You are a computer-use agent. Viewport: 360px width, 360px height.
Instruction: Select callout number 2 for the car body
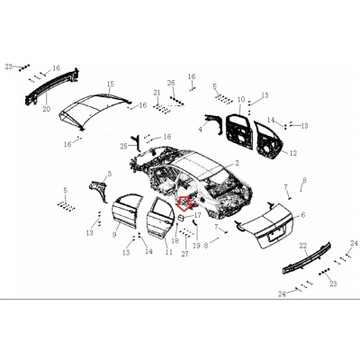(x=237, y=163)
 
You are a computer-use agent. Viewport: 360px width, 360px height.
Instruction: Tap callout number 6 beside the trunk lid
(x=303, y=215)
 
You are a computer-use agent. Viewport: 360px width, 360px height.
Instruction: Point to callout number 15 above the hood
(x=111, y=84)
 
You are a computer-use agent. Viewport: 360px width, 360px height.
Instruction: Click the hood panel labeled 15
(x=94, y=111)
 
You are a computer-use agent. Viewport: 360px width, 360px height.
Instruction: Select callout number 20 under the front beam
(x=46, y=109)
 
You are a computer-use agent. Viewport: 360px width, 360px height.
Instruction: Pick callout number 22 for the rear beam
(x=303, y=246)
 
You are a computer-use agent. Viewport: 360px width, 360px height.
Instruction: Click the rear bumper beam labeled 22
(x=307, y=258)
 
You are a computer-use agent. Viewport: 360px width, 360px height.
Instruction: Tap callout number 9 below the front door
(x=114, y=235)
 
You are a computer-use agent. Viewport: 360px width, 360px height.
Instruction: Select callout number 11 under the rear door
(x=169, y=252)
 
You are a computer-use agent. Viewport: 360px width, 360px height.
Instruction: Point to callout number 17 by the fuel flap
(x=198, y=215)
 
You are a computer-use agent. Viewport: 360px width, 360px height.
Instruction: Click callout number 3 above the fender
(x=110, y=174)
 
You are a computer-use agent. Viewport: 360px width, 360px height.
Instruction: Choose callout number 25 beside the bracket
(x=124, y=147)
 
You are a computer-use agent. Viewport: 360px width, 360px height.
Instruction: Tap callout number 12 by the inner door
(x=293, y=153)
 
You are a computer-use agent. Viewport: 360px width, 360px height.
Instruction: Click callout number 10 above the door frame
(x=241, y=100)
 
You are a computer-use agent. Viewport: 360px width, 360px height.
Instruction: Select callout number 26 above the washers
(x=171, y=83)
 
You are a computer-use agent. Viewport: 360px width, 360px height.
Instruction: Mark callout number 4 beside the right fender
(x=201, y=130)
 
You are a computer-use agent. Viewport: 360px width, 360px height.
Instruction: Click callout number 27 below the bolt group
(x=185, y=254)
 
